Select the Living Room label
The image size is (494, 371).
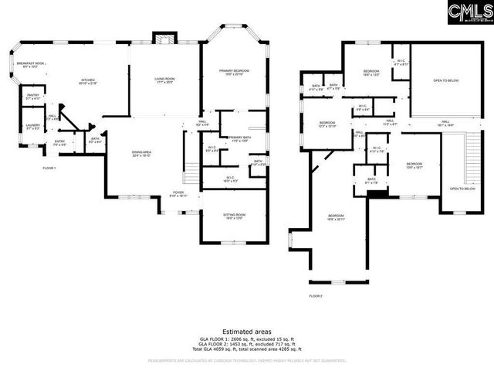coord(163,79)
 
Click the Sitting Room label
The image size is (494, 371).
coord(235,216)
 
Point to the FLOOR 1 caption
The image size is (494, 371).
coord(49,168)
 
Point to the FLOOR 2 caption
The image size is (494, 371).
coord(316,296)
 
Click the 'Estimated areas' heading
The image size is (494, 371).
coord(246,331)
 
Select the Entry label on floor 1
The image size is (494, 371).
coord(59,142)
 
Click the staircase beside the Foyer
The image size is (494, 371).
coord(188,155)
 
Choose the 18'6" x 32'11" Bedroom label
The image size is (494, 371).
coord(335,217)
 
